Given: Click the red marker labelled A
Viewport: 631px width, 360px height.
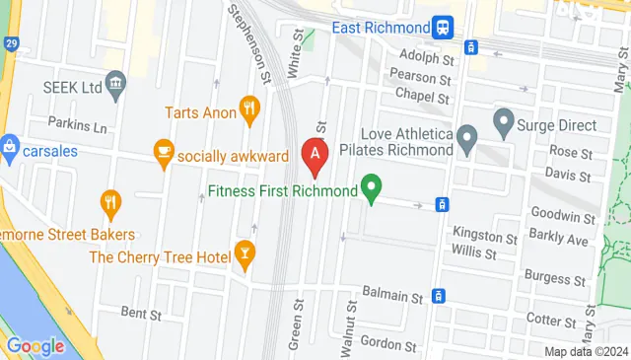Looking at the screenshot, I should (314, 155).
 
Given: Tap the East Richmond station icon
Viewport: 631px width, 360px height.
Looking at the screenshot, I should (442, 27).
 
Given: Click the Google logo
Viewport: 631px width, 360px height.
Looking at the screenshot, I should (35, 346).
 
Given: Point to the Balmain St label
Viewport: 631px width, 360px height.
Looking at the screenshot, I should (392, 295).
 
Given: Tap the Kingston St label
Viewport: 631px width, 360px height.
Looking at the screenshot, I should (485, 234).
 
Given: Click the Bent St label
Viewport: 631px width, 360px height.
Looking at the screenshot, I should (141, 314).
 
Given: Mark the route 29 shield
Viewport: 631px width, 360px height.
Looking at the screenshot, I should (9, 46).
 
